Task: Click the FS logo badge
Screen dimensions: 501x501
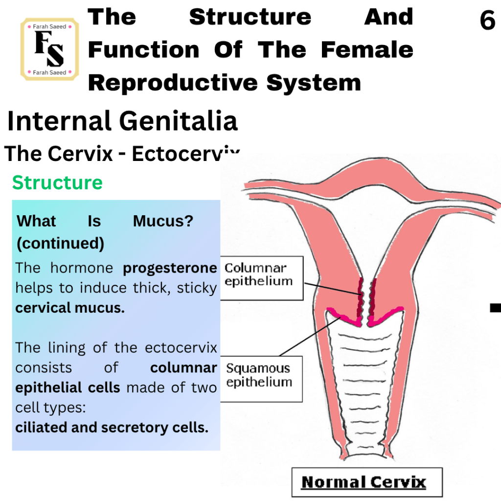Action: (49, 49)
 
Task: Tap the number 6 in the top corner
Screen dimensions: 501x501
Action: (487, 20)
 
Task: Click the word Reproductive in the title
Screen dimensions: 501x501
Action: (173, 83)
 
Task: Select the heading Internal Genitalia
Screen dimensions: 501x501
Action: (122, 121)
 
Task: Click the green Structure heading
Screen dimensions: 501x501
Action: (58, 182)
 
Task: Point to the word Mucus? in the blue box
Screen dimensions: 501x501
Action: (163, 221)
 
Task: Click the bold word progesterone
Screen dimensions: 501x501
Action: (170, 268)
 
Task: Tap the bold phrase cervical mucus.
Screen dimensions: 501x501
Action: (70, 308)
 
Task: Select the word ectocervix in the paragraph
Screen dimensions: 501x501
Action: (181, 347)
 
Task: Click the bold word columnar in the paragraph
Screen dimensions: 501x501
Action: (184, 367)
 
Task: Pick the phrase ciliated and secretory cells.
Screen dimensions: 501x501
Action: (112, 427)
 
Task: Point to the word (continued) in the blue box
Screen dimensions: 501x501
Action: (60, 243)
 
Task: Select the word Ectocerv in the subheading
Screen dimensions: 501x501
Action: (185, 154)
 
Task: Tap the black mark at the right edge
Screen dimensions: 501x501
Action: (496, 308)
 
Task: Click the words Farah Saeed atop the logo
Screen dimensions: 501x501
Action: (49, 26)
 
